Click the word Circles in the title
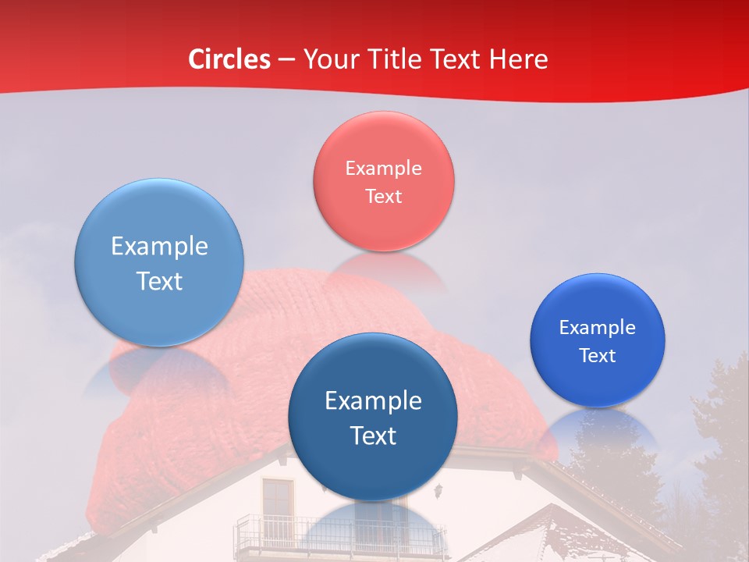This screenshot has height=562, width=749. click(229, 59)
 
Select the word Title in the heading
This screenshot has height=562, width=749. click(399, 59)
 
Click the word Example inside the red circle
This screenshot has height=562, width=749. click(383, 169)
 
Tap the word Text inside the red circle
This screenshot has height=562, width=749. click(383, 196)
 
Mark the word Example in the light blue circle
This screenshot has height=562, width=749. click(159, 247)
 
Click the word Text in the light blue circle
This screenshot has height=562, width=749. click(159, 281)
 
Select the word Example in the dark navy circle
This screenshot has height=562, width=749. click(373, 401)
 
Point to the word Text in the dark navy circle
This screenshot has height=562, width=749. click(373, 436)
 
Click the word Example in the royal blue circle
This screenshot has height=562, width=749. click(598, 328)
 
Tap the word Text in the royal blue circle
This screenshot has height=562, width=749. click(598, 356)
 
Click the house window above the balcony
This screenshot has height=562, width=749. click(277, 500)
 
